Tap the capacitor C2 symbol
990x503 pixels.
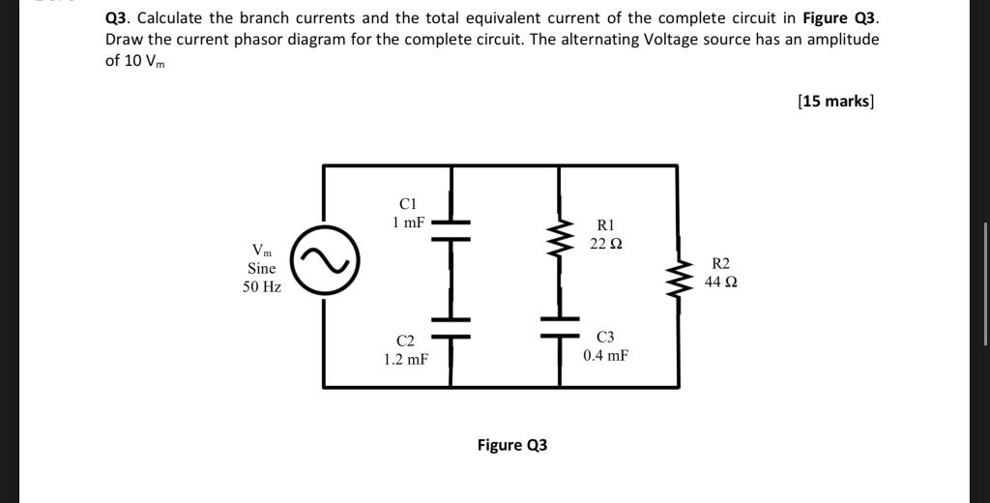(x=451, y=328)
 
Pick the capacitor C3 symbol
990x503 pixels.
(x=559, y=328)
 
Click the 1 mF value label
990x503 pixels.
(x=408, y=222)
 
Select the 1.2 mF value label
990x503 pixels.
(x=405, y=359)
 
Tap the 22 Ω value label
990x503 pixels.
(x=606, y=243)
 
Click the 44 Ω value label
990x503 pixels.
(x=721, y=281)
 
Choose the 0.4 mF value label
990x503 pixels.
(x=605, y=355)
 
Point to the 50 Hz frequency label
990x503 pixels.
(x=262, y=287)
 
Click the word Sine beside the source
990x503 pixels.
(x=262, y=268)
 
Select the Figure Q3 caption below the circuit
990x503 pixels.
(x=512, y=445)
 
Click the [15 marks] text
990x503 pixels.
(x=835, y=101)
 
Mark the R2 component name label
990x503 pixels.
(x=721, y=263)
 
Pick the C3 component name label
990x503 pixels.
(x=605, y=337)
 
